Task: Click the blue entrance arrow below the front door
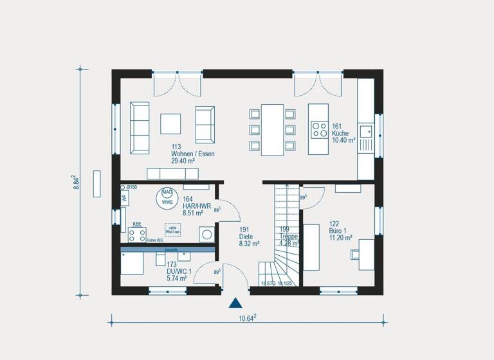click(236, 303)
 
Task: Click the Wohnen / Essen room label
click(192, 154)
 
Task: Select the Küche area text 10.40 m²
click(343, 139)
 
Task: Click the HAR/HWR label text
click(193, 206)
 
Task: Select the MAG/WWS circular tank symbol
click(167, 197)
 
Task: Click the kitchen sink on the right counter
click(366, 132)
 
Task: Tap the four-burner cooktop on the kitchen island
click(318, 130)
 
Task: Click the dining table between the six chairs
click(272, 129)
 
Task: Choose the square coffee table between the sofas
click(171, 123)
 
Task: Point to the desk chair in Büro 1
click(355, 254)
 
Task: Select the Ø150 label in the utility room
click(131, 187)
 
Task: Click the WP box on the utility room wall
click(124, 198)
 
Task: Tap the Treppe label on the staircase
click(288, 237)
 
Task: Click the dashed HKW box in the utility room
click(172, 230)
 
